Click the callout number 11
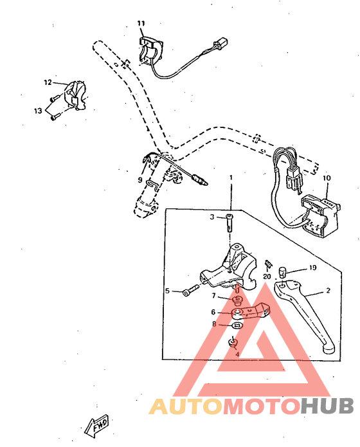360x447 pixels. pos(141,24)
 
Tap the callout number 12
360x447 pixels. pos(48,82)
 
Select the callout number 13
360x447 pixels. pos(38,111)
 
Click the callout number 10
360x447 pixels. pos(327,177)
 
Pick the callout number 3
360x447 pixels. pos(212,217)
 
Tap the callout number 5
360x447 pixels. pos(167,291)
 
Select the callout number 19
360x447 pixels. pos(313,267)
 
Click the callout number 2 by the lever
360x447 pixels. pos(328,291)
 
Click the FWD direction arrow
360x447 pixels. pos(96,426)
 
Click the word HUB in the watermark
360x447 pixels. pos(327,406)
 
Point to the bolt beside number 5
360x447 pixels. pos(186,292)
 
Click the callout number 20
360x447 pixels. pos(267,277)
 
